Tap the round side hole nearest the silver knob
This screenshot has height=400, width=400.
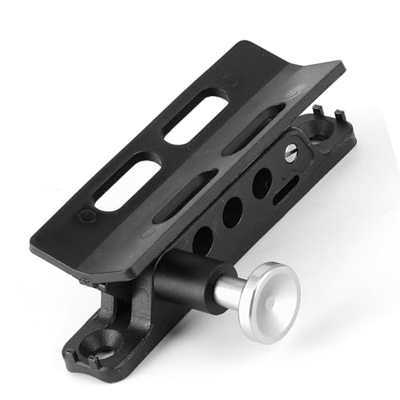(x=202, y=240)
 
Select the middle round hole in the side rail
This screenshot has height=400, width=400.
(x=232, y=211)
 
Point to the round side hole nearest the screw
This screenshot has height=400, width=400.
(x=262, y=183)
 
